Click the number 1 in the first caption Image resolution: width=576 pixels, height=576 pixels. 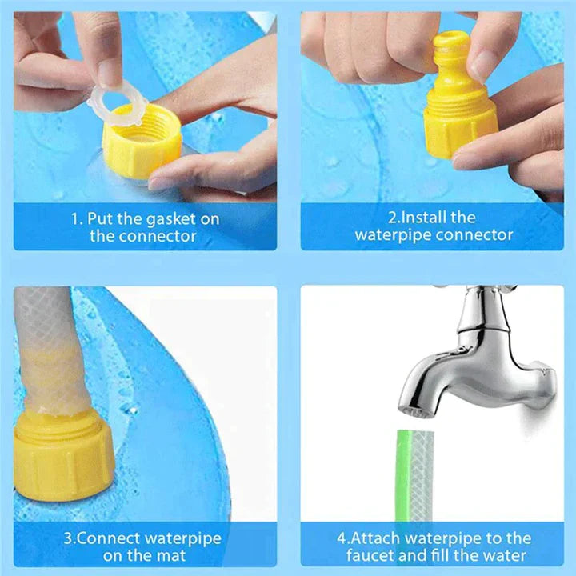pos(74,218)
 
